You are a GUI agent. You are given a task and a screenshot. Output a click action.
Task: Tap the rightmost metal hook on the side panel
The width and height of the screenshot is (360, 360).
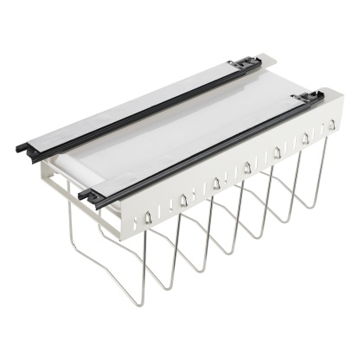(331, 125)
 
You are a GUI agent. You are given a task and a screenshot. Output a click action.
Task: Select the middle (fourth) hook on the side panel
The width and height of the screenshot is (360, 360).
(247, 167)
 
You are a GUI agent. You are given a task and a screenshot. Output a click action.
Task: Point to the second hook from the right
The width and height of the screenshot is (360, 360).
(305, 138)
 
